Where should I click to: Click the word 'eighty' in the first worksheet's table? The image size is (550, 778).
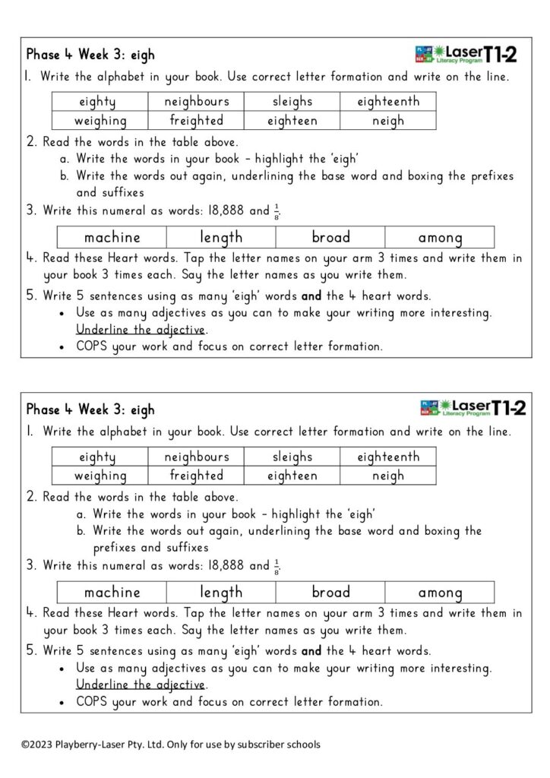tap(97, 101)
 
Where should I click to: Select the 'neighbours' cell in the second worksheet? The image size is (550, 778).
tap(196, 457)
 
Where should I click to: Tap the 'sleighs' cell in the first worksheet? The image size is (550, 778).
tap(292, 101)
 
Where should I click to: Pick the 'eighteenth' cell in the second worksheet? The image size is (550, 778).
tap(387, 457)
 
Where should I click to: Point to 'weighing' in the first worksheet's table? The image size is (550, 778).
tap(100, 121)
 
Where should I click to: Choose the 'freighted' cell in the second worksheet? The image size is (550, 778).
tap(196, 476)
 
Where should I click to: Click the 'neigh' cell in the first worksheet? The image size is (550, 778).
tap(387, 121)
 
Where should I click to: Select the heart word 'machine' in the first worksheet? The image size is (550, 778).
tap(112, 237)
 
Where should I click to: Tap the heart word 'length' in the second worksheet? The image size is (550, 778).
tap(221, 593)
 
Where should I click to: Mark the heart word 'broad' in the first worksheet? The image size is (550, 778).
tap(330, 237)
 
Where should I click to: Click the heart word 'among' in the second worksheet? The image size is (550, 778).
tap(440, 593)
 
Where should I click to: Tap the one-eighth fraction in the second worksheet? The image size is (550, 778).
tap(277, 566)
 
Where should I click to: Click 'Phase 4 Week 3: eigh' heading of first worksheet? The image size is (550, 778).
tap(90, 55)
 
